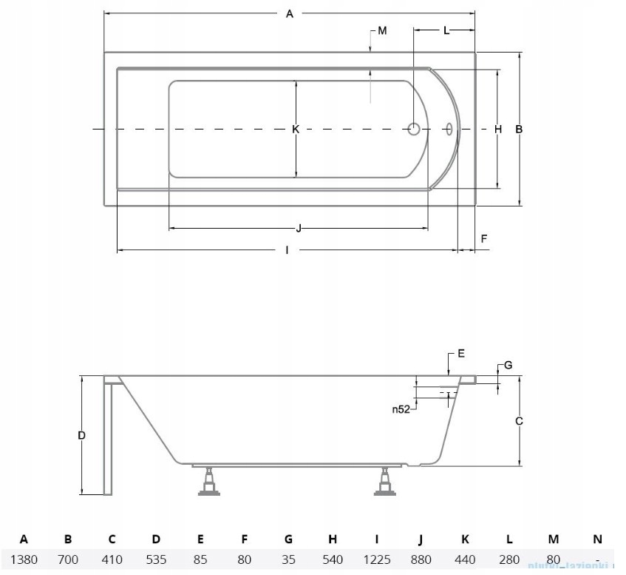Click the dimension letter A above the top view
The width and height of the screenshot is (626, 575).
[290, 13]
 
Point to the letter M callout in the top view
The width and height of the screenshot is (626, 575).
[381, 31]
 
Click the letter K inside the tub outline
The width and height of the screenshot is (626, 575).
[295, 130]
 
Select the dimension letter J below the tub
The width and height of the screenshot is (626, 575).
[298, 227]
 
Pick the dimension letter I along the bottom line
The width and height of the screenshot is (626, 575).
[287, 249]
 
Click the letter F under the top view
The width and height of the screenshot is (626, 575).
[484, 238]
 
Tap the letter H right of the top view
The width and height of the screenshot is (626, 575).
[498, 130]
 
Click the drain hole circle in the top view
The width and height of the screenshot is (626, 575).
[415, 130]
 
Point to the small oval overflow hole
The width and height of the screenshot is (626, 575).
[448, 130]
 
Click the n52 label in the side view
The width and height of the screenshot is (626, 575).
[401, 408]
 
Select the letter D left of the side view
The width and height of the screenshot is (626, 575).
[82, 436]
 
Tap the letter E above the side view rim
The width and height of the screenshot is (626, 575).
[461, 354]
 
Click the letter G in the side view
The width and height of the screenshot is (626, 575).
[507, 366]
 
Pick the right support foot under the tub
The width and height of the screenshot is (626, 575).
[384, 482]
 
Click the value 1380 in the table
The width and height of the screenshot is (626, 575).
[24, 559]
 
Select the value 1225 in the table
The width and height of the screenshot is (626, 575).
[376, 559]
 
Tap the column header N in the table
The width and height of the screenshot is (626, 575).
[597, 539]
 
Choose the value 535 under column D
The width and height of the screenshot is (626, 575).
[156, 559]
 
